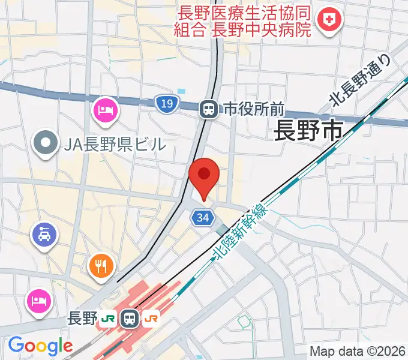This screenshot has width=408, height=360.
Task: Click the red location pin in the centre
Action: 204,175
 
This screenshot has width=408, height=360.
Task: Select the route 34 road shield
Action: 203,218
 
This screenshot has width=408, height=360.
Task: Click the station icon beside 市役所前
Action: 209,109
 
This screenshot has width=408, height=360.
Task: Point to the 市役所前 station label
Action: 253,109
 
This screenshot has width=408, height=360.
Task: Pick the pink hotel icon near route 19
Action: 106,110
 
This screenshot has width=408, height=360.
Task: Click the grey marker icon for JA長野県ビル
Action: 44,143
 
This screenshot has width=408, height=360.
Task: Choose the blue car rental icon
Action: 46,232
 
